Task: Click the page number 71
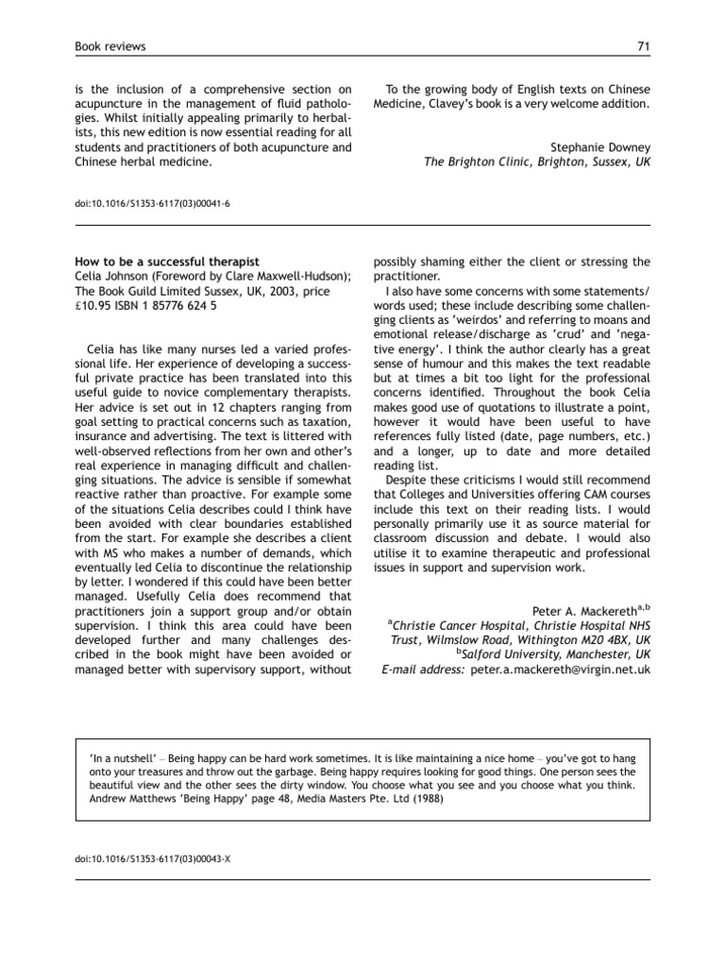[643, 46]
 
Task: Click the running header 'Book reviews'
[109, 46]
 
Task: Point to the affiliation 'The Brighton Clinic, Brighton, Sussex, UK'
[537, 161]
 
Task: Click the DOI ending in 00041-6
[151, 202]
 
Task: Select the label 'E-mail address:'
[422, 669]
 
